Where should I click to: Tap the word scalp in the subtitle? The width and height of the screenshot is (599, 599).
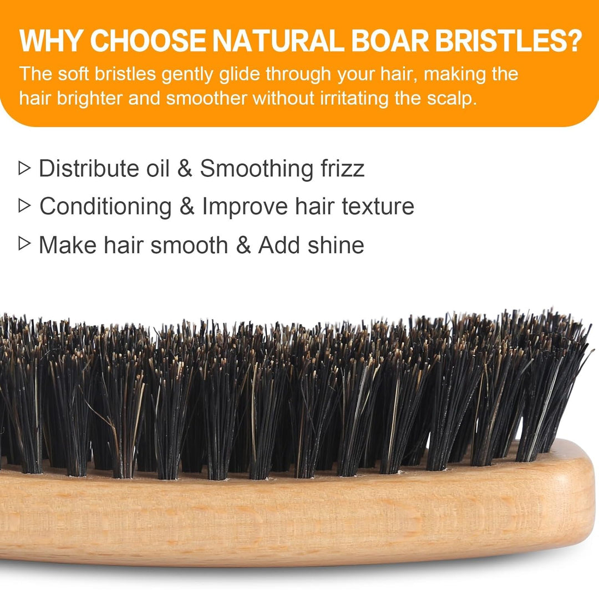coord(450,98)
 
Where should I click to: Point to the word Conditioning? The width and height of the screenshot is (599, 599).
coord(105,207)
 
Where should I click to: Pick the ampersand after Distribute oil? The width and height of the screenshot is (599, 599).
coord(185,168)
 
